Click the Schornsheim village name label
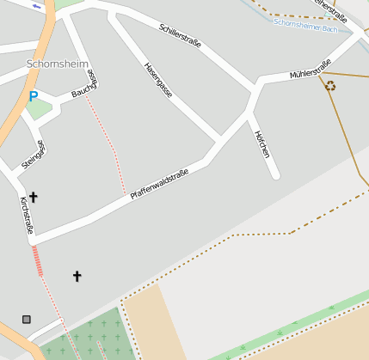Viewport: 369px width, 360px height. click(x=57, y=64)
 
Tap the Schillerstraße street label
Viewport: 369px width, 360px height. click(x=180, y=35)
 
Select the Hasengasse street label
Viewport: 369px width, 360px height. click(x=157, y=80)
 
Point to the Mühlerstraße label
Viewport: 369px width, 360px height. click(x=311, y=69)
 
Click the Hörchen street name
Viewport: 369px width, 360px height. click(x=262, y=143)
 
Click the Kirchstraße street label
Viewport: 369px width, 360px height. click(x=27, y=216)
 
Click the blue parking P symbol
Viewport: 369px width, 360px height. click(x=33, y=97)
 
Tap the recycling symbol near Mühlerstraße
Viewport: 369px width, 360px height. click(x=330, y=85)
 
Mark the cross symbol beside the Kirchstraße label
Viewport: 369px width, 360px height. click(x=34, y=197)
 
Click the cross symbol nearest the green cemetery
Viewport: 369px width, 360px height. click(x=77, y=276)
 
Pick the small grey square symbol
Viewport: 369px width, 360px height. click(x=27, y=319)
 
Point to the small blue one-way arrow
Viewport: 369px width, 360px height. click(x=36, y=7)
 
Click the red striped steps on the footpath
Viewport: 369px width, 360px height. click(x=38, y=260)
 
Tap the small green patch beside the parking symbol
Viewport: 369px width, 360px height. click(x=38, y=109)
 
